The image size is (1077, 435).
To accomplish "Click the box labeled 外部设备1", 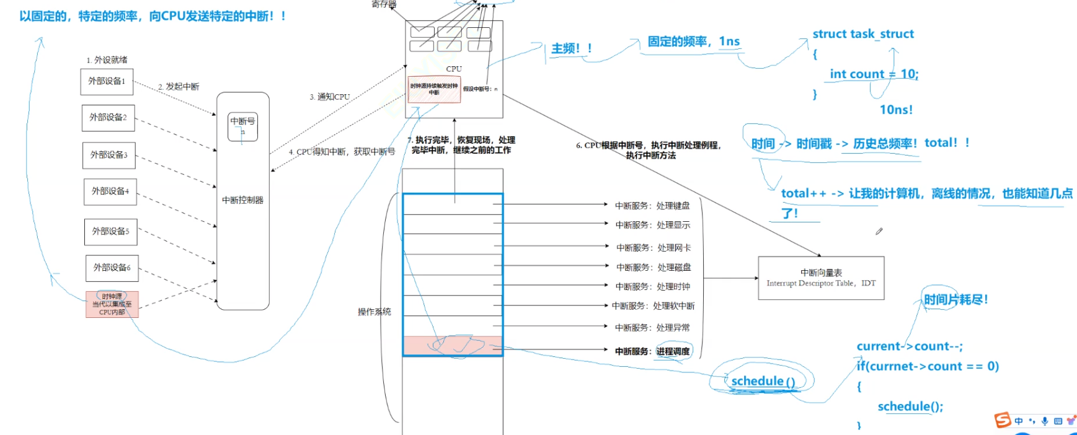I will (x=107, y=81).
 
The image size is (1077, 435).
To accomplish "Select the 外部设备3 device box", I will (x=109, y=155).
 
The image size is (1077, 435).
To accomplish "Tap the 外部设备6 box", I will (x=112, y=268).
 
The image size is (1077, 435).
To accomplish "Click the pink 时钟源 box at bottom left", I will (x=112, y=304).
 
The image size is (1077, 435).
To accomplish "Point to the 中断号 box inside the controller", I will (x=242, y=126).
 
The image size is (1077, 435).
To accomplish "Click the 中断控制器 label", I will (x=242, y=200).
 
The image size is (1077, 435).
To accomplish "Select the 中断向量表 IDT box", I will (x=821, y=278).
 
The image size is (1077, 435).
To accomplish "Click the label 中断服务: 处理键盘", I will (x=652, y=206).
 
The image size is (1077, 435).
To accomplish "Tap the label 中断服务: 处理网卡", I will (x=653, y=248).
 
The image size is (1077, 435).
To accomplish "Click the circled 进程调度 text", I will (x=673, y=351).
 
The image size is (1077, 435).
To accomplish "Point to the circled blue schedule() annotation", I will (x=763, y=381).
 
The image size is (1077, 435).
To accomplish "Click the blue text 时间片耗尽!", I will (x=955, y=300).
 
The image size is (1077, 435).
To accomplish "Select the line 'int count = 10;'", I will (x=874, y=74).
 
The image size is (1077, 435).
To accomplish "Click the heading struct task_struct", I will (x=863, y=34).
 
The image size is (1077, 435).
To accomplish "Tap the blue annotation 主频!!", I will (x=571, y=48).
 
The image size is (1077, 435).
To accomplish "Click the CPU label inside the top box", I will (x=454, y=69).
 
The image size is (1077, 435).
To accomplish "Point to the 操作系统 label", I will (x=375, y=312).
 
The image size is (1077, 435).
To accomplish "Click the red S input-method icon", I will (x=1002, y=420).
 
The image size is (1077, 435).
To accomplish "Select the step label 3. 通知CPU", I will (x=330, y=97).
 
